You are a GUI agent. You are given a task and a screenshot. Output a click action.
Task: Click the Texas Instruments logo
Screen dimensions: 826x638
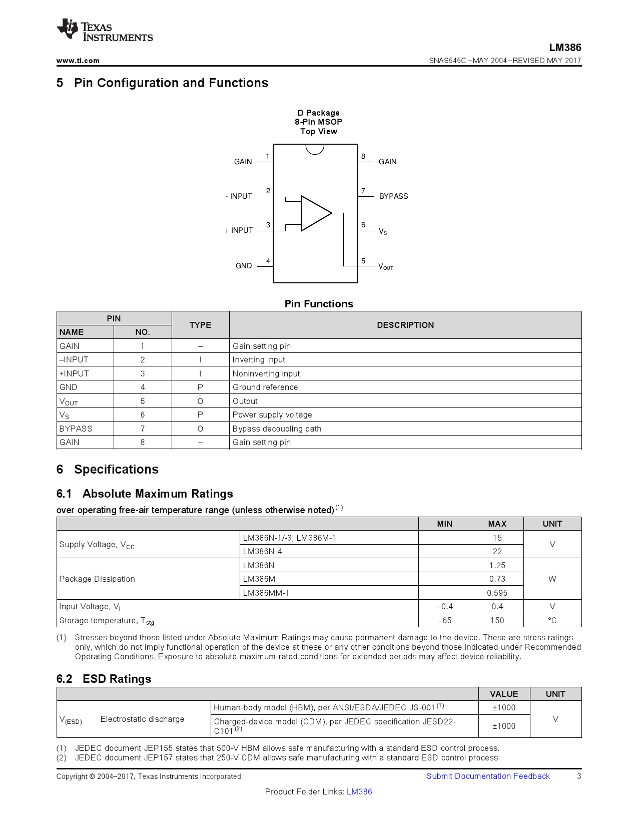[104, 31]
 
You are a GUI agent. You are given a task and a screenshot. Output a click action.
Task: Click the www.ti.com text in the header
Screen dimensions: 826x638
[78, 61]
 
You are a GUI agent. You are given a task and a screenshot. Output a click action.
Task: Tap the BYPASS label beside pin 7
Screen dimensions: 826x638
[393, 196]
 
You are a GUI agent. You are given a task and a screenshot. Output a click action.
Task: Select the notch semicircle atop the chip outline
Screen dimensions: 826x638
[315, 149]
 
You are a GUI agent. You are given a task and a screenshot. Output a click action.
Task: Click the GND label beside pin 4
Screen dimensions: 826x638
[244, 266]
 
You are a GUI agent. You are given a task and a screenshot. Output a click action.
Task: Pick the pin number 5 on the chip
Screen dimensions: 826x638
[363, 261]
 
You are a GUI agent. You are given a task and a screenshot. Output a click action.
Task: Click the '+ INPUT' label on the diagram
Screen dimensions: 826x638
[239, 230]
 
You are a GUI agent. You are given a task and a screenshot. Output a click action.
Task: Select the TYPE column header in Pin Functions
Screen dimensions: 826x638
[200, 325]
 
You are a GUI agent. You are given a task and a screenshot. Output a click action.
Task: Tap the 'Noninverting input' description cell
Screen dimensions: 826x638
[266, 373]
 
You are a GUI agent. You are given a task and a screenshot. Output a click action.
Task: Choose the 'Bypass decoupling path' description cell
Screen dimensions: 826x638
[277, 429]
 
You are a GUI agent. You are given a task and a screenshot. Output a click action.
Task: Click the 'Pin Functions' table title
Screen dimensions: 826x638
[319, 304]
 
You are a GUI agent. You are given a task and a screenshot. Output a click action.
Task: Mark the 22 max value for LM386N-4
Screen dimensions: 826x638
[497, 551]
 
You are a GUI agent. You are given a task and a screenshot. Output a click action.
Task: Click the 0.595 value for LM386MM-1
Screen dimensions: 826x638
[497, 593]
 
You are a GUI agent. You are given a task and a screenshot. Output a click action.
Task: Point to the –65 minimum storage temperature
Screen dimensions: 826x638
[444, 620]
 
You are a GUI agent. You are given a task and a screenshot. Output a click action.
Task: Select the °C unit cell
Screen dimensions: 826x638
[552, 620]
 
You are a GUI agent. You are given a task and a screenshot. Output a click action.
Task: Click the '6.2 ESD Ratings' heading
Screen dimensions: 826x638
[104, 679]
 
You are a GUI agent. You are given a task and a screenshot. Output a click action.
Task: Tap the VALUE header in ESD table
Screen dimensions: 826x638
[504, 694]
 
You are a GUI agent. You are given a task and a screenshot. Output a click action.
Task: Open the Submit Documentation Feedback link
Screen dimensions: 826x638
[488, 776]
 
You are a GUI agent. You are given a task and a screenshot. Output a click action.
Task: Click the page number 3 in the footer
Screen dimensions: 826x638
[579, 776]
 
